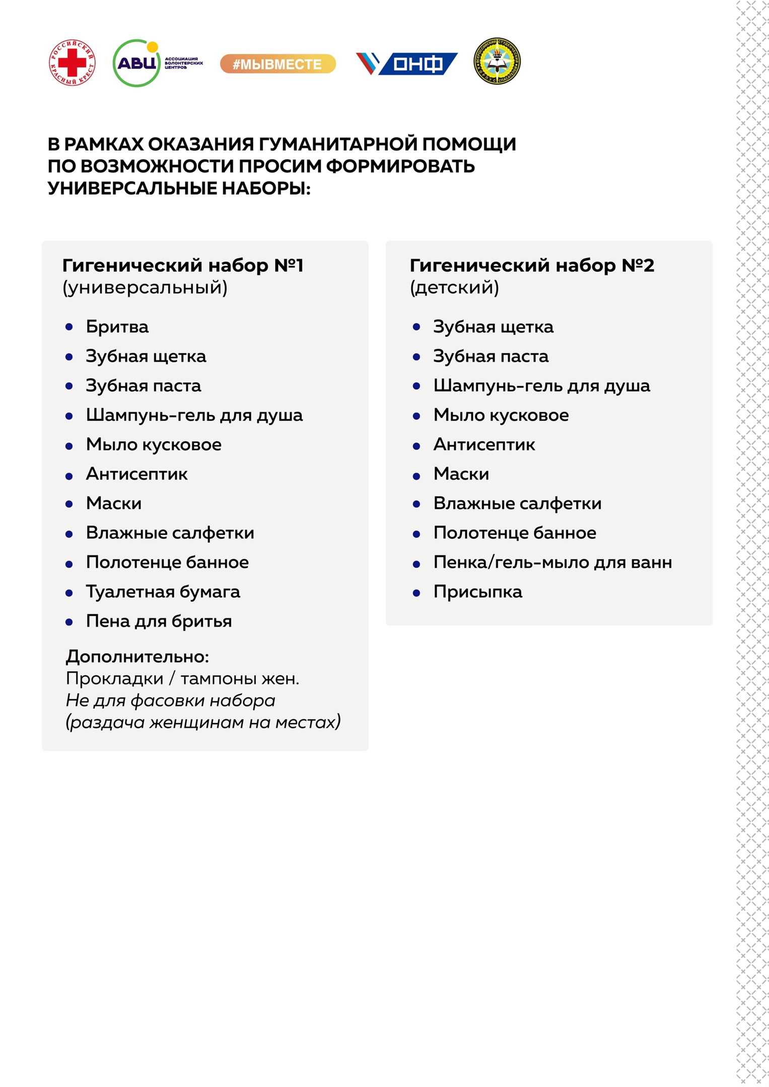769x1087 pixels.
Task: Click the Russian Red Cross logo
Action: coord(72,62)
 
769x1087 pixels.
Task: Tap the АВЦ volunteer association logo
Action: coord(157,63)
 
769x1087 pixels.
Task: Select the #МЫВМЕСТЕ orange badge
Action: coord(277,64)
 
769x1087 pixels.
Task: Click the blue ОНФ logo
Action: coord(407,63)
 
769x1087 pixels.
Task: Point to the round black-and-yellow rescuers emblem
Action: coord(497,61)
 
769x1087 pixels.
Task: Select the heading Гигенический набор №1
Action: coord(183,265)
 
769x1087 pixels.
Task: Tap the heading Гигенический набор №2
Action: coord(532,265)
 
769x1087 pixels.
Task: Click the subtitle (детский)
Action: coord(454,287)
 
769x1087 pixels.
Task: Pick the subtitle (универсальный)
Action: coord(145,287)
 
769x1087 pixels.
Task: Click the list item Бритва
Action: coord(117,327)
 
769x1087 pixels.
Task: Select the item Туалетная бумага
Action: coord(163,591)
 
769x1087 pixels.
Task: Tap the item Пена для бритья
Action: coord(159,621)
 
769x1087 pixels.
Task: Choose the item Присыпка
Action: coord(477,591)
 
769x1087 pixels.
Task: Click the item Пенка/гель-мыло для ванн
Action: coord(552,562)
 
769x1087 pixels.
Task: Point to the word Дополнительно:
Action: coord(137,656)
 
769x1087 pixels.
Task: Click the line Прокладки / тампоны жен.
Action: coord(182,678)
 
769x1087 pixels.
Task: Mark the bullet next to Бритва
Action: coord(69,327)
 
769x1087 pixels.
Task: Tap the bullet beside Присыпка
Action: coord(416,593)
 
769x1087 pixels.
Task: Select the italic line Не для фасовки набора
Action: coord(170,700)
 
